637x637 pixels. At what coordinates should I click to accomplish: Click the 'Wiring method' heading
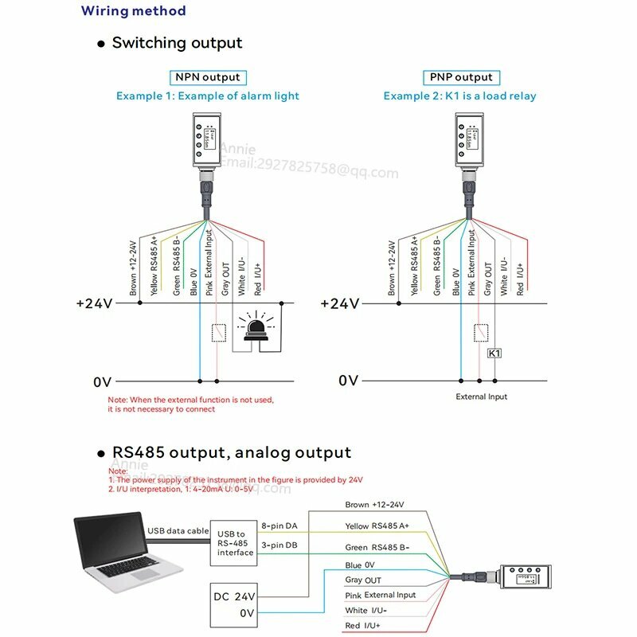pyautogui.click(x=134, y=11)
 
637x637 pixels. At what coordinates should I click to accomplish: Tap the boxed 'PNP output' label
pyautogui.click(x=461, y=77)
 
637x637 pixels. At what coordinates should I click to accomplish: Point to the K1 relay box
pyautogui.click(x=494, y=353)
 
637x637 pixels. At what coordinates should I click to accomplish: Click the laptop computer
pyautogui.click(x=127, y=549)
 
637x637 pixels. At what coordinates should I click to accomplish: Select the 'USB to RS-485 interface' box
pyautogui.click(x=235, y=544)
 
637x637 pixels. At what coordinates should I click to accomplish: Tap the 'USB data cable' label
pyautogui.click(x=178, y=531)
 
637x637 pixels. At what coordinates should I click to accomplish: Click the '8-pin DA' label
pyautogui.click(x=280, y=526)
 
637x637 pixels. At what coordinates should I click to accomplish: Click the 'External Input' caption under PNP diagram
pyautogui.click(x=481, y=397)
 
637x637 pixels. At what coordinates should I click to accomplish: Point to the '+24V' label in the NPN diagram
pyautogui.click(x=96, y=303)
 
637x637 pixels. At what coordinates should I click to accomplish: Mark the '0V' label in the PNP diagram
pyautogui.click(x=349, y=381)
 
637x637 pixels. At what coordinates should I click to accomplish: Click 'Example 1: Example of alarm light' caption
pyautogui.click(x=208, y=96)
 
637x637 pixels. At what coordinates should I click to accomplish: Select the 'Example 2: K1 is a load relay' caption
pyautogui.click(x=459, y=96)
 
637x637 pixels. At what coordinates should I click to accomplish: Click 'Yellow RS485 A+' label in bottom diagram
pyautogui.click(x=377, y=526)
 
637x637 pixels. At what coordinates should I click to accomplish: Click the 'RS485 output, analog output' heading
pyautogui.click(x=232, y=453)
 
